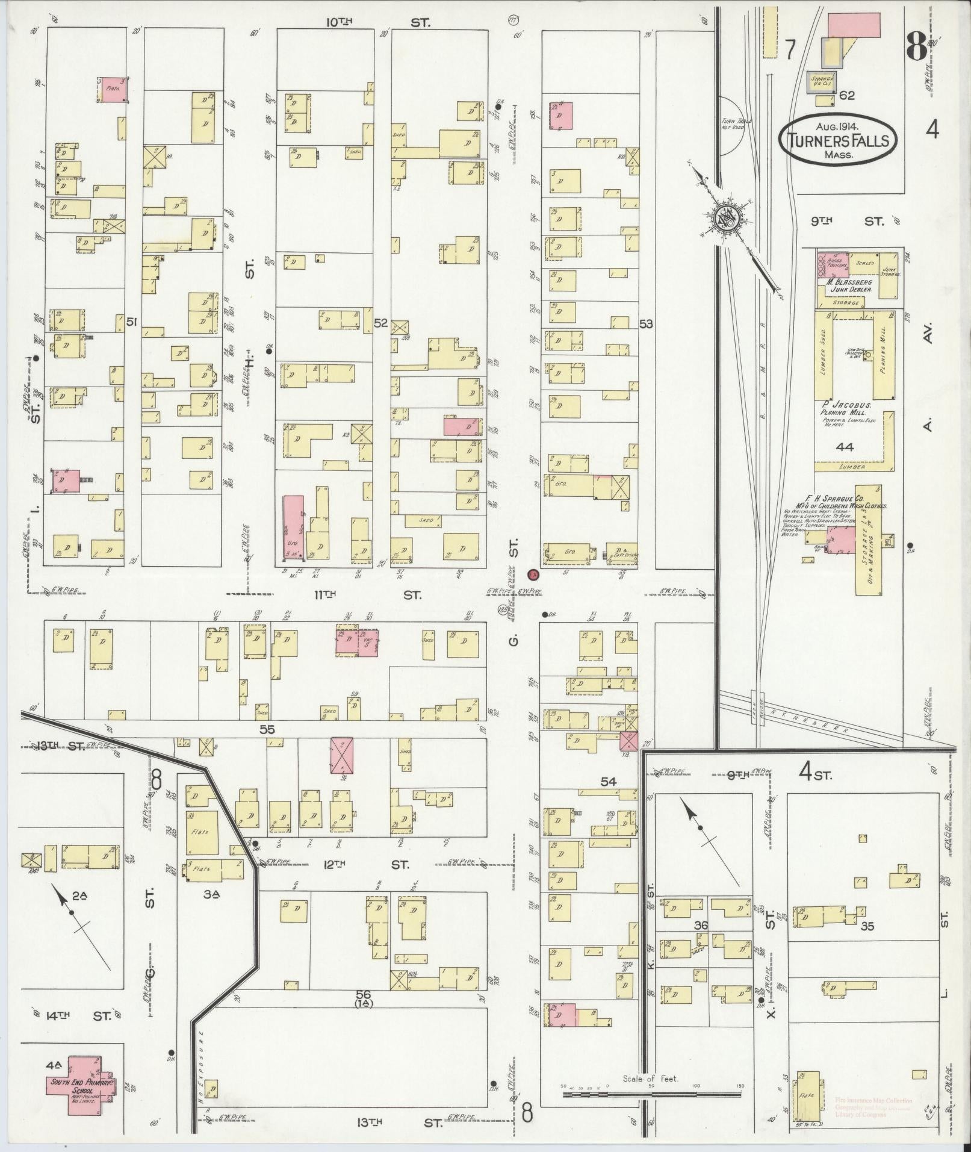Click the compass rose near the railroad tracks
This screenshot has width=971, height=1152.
[726, 220]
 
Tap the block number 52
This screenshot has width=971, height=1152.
[380, 323]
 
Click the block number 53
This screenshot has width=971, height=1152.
[646, 324]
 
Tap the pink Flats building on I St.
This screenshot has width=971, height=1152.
[113, 89]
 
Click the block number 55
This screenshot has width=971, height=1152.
[267, 729]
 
